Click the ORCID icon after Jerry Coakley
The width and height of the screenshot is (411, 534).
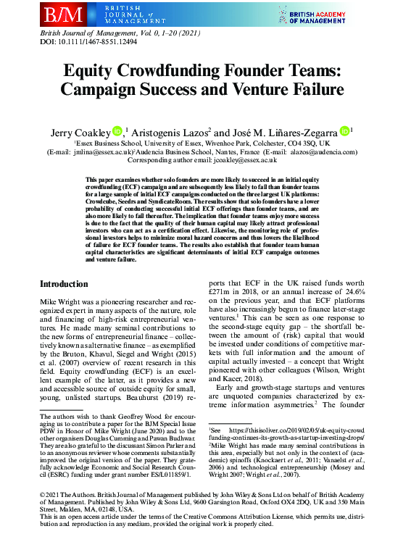click(117, 131)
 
